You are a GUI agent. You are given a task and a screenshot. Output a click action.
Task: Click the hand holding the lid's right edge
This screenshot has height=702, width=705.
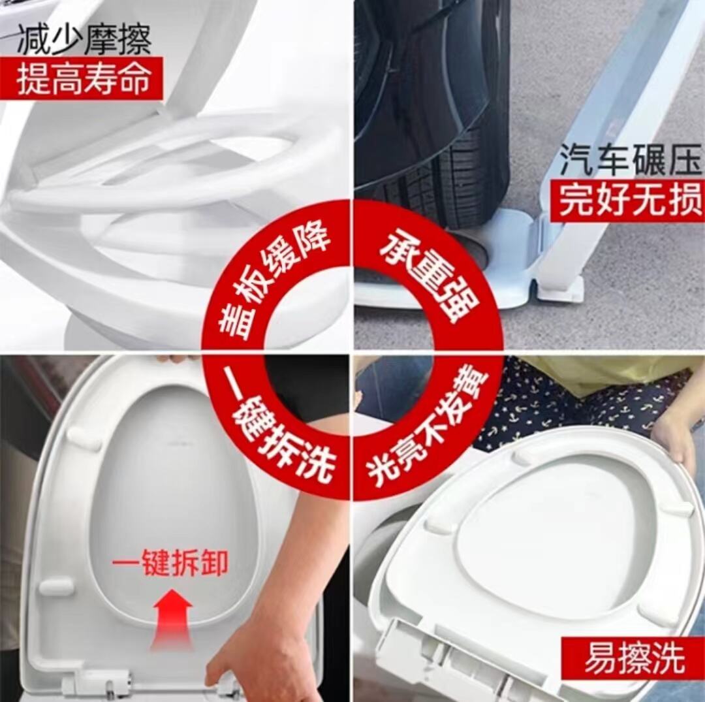click(x=674, y=436)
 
